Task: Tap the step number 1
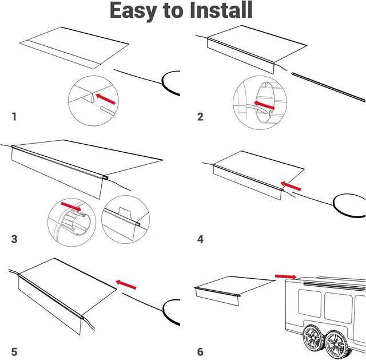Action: (x=14, y=117)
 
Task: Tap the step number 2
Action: (x=200, y=117)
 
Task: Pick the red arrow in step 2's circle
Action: (x=265, y=104)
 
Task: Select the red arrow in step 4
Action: (x=291, y=185)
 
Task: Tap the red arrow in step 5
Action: (x=126, y=283)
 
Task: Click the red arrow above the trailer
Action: (x=285, y=276)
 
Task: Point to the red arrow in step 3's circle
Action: (x=72, y=205)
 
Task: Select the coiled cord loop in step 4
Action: (x=348, y=204)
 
